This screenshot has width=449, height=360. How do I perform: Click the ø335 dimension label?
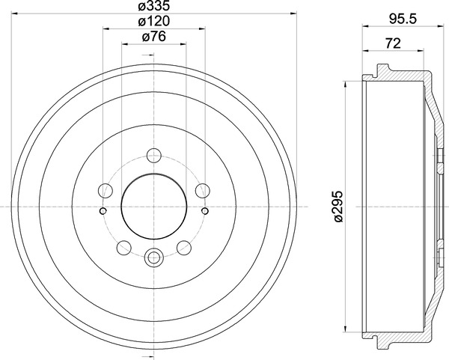(153, 6)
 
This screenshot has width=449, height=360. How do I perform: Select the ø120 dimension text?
(153, 21)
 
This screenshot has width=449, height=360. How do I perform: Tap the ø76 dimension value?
(153, 37)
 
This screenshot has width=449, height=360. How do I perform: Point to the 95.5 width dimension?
(403, 19)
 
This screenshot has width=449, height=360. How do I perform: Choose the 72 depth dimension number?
(393, 43)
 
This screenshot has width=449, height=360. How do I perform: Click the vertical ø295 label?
(338, 207)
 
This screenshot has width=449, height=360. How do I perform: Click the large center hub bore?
(154, 207)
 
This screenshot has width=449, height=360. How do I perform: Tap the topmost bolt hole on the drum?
(154, 156)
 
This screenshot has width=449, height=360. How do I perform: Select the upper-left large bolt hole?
(105, 190)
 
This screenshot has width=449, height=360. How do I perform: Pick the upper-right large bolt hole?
(203, 190)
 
